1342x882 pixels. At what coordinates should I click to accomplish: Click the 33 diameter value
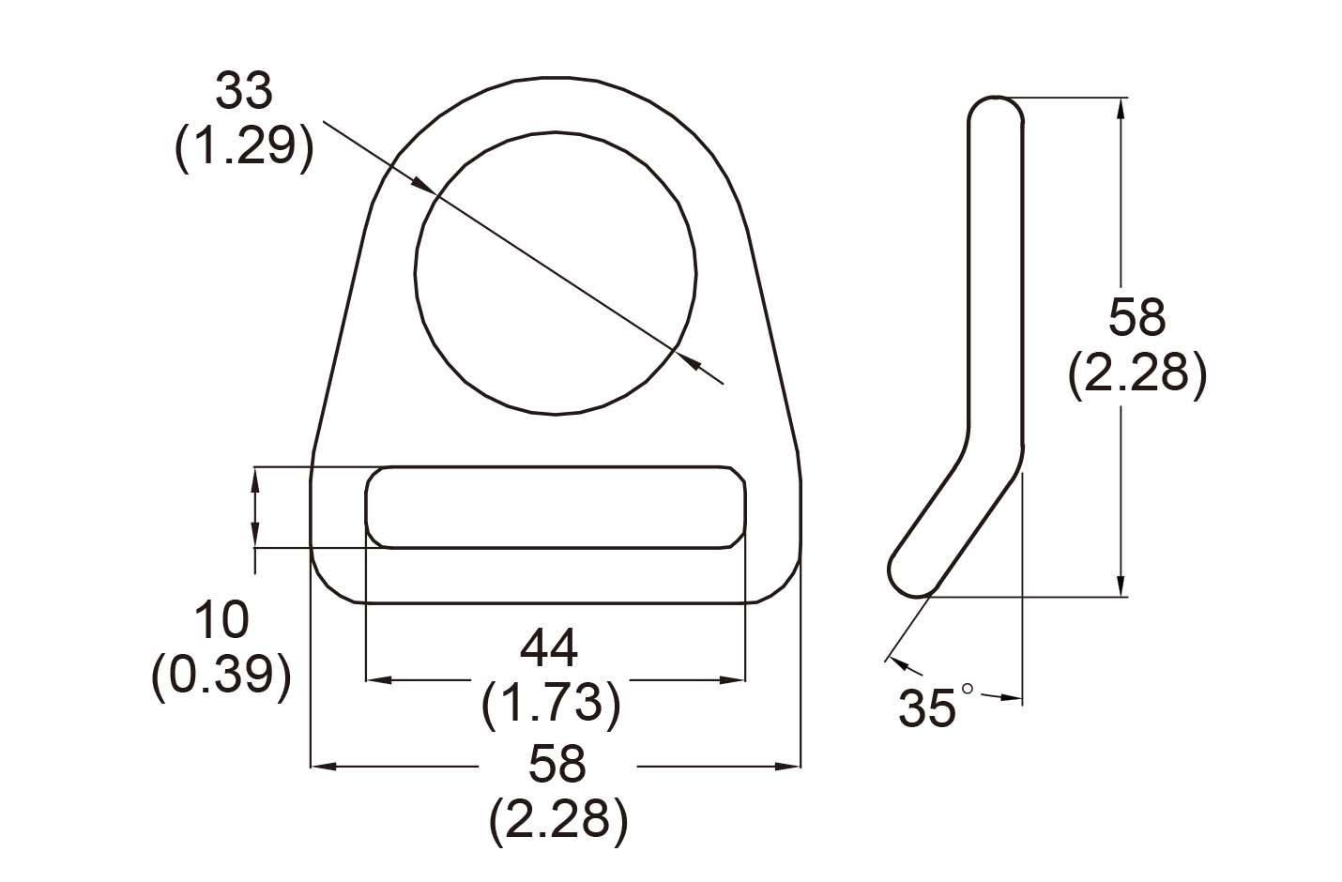click(x=243, y=92)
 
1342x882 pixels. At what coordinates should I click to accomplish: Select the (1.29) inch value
click(x=243, y=146)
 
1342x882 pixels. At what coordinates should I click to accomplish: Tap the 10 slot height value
click(x=221, y=620)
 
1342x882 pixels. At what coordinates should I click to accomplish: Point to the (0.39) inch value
click(x=221, y=674)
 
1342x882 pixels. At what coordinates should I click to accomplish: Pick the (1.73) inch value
click(x=550, y=703)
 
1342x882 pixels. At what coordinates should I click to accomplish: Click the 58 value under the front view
click(x=557, y=764)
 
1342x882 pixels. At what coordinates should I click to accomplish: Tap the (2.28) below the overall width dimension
click(x=557, y=819)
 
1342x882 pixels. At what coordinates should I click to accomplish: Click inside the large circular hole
click(x=556, y=273)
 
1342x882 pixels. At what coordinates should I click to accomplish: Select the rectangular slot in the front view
click(x=556, y=507)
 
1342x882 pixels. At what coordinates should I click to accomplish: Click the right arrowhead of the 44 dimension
click(x=733, y=679)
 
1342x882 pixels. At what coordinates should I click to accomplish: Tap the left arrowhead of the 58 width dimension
click(x=323, y=768)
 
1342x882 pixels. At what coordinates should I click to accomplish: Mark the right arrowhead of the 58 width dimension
click(x=788, y=768)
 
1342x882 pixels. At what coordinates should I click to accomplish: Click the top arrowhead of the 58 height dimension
click(x=1121, y=109)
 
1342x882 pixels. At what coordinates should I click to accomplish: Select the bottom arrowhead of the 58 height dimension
click(x=1121, y=585)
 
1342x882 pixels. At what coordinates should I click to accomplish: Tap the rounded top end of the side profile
click(x=995, y=111)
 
